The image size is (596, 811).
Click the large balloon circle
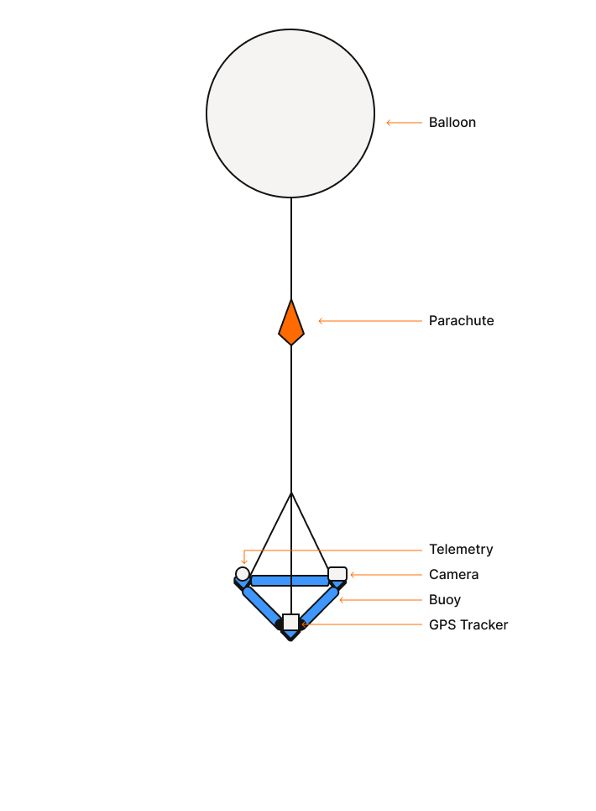[x=290, y=113]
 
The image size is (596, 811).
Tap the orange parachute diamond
[x=291, y=322]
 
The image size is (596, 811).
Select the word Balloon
[x=452, y=123]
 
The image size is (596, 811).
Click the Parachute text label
[x=461, y=321]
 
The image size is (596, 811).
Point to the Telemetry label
[x=461, y=550]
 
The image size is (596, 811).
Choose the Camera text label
[x=454, y=575]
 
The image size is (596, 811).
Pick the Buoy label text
[x=445, y=600]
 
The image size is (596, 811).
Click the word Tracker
[x=484, y=624]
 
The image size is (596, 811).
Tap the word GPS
[x=442, y=624]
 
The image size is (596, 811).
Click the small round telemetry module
[x=243, y=574]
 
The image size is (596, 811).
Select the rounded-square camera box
[x=337, y=574]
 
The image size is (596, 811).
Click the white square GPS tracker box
[x=290, y=622]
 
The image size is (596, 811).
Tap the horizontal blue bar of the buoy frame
[x=290, y=581]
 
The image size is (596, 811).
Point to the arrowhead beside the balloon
[x=389, y=123]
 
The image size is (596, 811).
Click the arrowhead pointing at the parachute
[x=321, y=321]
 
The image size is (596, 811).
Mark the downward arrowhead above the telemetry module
[x=244, y=562]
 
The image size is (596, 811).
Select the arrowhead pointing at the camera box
[x=353, y=575]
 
